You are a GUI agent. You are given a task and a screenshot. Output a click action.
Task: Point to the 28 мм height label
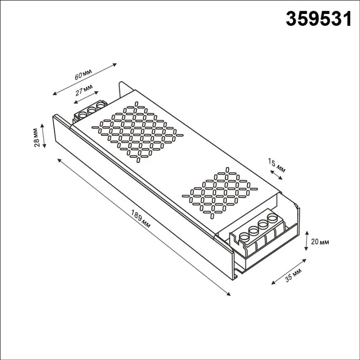click(37, 136)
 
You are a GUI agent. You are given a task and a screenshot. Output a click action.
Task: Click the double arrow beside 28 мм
click(45, 136)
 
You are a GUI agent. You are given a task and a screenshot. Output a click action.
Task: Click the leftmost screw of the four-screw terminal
click(245, 238)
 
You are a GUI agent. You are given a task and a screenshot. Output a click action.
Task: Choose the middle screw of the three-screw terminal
click(92, 110)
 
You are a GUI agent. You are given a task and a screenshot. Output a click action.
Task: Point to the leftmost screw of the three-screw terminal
click(83, 113)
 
